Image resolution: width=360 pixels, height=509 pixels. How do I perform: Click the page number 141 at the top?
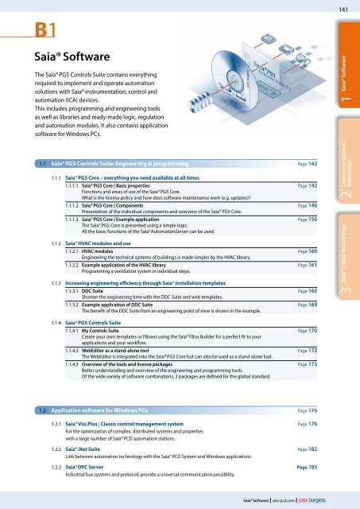tap(343, 9)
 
